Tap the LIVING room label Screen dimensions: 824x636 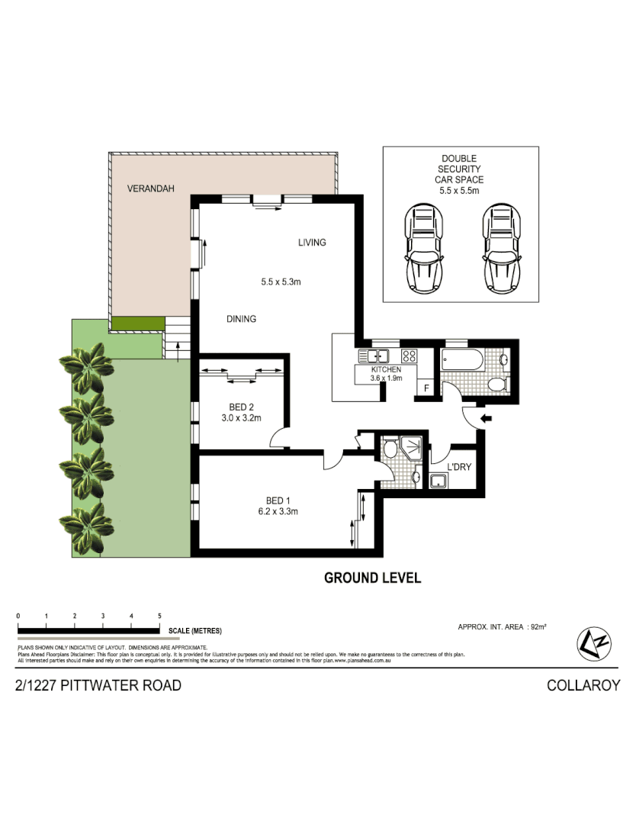click(x=312, y=243)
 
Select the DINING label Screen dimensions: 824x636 click(x=241, y=319)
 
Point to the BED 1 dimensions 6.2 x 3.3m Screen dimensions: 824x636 click(x=277, y=512)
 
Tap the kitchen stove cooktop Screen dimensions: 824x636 click(x=409, y=356)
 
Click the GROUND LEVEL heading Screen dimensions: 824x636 click(x=372, y=578)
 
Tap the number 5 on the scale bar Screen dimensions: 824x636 click(x=159, y=615)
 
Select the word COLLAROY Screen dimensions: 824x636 click(x=583, y=685)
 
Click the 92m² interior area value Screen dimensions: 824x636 click(x=538, y=626)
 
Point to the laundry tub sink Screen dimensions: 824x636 click(x=439, y=481)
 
